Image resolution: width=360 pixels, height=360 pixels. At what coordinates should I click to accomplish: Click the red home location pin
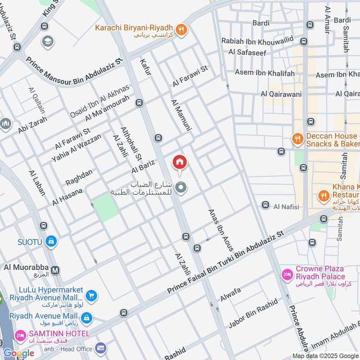tap(179, 162)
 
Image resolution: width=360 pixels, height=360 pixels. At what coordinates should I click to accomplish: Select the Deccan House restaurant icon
tap(297, 139)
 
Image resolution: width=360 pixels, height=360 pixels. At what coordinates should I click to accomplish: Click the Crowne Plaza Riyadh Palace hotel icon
tap(286, 274)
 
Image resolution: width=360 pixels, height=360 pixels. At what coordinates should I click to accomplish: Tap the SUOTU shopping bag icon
tap(51, 242)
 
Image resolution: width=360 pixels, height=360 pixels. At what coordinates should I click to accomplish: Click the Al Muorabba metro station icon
tap(55, 270)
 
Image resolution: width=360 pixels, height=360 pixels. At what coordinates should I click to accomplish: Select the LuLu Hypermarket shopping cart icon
tap(91, 296)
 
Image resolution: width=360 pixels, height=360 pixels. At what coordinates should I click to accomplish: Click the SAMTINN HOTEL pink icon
tap(20, 334)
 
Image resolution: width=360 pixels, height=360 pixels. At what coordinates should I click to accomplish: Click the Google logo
tap(18, 353)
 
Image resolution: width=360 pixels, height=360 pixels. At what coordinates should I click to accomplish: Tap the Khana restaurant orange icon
tap(323, 195)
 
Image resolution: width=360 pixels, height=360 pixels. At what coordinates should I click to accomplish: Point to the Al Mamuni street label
tap(181, 115)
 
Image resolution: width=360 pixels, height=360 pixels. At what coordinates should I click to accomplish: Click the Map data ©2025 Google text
tap(325, 355)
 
